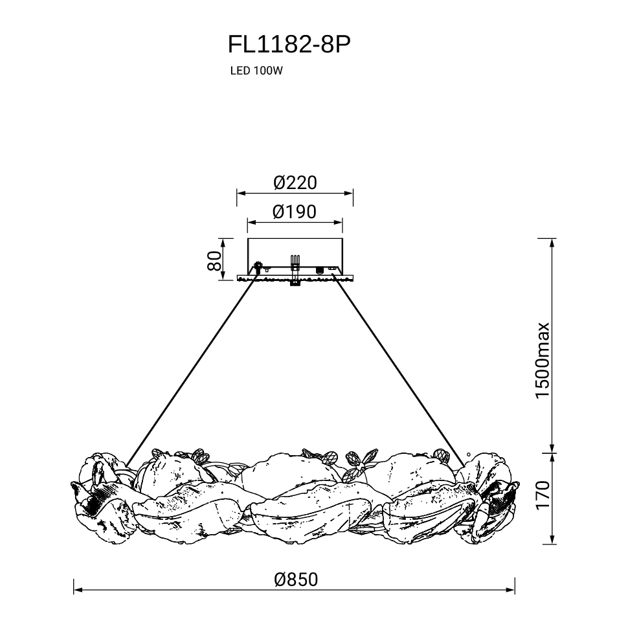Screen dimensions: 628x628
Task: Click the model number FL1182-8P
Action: pyautogui.click(x=289, y=44)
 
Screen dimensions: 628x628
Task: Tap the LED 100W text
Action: pyautogui.click(x=256, y=71)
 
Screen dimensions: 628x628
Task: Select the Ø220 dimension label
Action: pyautogui.click(x=295, y=183)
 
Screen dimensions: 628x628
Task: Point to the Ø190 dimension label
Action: pyautogui.click(x=295, y=212)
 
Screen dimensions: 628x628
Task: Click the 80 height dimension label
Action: pyautogui.click(x=215, y=261)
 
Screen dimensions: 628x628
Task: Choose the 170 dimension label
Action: pyautogui.click(x=543, y=495)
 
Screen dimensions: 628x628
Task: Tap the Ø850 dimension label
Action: pyautogui.click(x=296, y=579)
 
